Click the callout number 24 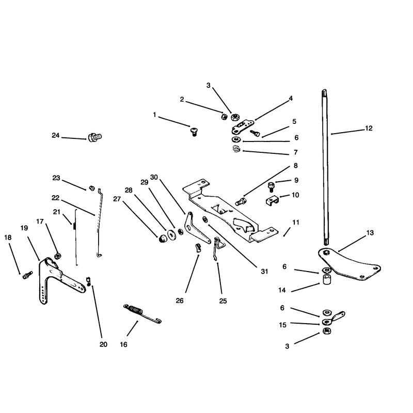click(x=56, y=135)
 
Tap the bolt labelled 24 click(x=95, y=137)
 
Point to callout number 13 click(x=370, y=233)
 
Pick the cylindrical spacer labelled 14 click(x=327, y=280)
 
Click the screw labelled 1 click(x=195, y=132)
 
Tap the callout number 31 click(x=264, y=272)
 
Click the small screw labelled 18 click(x=27, y=275)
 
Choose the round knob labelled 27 click(x=163, y=239)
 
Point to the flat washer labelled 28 click(x=172, y=235)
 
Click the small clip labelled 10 click(x=272, y=201)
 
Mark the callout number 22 click(x=56, y=198)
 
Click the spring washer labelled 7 click(x=237, y=149)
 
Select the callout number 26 click(x=180, y=300)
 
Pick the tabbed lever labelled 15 click(x=333, y=318)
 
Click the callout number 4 click(x=291, y=99)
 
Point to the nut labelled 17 click(x=57, y=256)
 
